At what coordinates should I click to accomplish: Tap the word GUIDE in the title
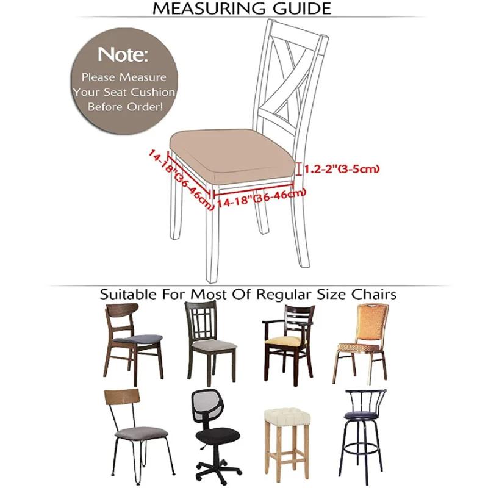click(303, 9)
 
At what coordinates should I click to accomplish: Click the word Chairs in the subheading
click(373, 295)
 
